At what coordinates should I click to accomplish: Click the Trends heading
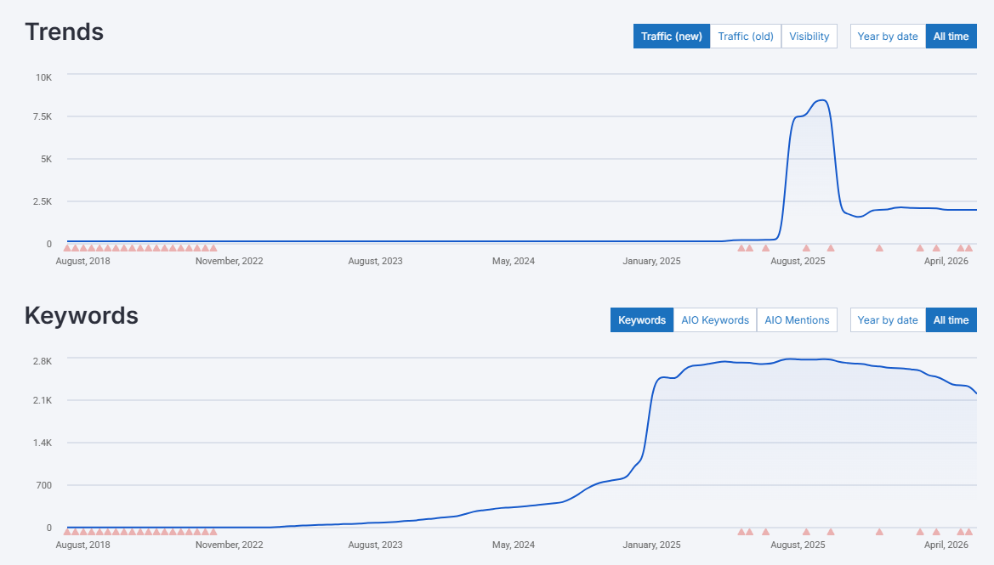pos(64,32)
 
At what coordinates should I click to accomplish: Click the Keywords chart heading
pos(81,316)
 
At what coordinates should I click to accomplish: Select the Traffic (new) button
pos(671,37)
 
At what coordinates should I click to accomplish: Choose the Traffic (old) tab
pos(745,37)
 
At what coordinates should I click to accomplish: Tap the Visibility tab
pos(809,37)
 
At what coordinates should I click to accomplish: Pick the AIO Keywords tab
pos(714,320)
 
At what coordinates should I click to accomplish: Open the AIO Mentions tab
pos(797,320)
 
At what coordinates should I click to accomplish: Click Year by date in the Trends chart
pos(887,37)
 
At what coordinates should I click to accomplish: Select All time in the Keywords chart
pos(951,320)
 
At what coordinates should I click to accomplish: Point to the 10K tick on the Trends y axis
pos(43,77)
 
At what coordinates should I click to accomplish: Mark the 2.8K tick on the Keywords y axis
pos(42,361)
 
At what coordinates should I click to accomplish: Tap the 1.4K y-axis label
pos(42,443)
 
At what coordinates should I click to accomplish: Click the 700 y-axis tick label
pos(43,485)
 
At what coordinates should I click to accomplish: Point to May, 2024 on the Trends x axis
pos(514,261)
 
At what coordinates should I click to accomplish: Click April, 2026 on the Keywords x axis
pos(946,545)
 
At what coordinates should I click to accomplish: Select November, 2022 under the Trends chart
pos(229,261)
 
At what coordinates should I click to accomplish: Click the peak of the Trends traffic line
pos(821,100)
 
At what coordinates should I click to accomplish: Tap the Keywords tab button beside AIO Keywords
pos(641,320)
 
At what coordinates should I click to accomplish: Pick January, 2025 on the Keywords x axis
pos(651,545)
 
